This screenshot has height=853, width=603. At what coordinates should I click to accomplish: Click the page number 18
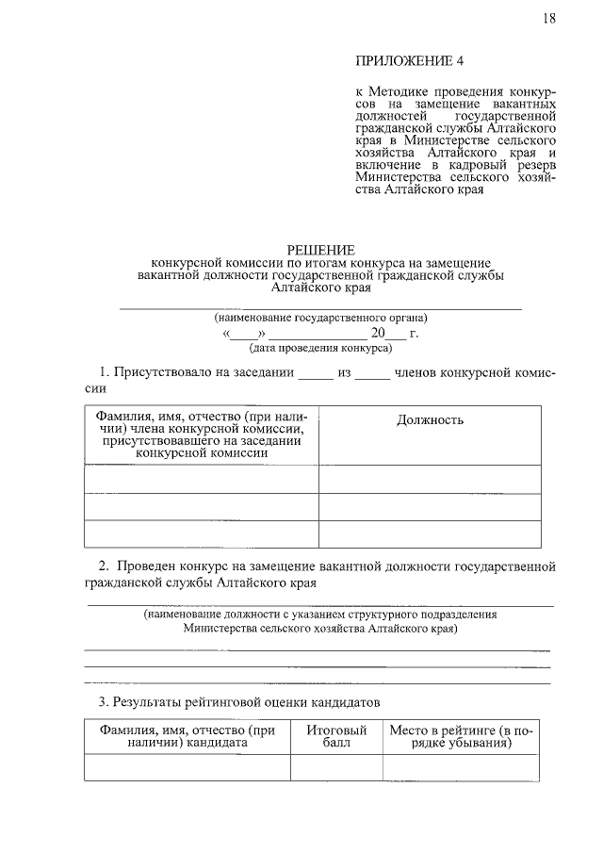(x=549, y=19)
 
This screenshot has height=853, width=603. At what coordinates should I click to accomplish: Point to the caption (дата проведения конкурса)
(x=319, y=348)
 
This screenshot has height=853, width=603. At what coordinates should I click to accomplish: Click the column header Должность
(x=430, y=420)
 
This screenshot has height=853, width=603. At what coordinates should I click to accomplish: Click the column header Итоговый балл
(x=335, y=736)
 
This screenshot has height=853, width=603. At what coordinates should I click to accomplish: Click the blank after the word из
(x=372, y=374)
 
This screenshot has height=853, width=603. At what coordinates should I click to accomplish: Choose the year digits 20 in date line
(x=378, y=333)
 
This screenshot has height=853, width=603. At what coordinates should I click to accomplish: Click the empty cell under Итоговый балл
(x=335, y=767)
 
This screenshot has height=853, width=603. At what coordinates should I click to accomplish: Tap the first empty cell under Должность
(x=430, y=479)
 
